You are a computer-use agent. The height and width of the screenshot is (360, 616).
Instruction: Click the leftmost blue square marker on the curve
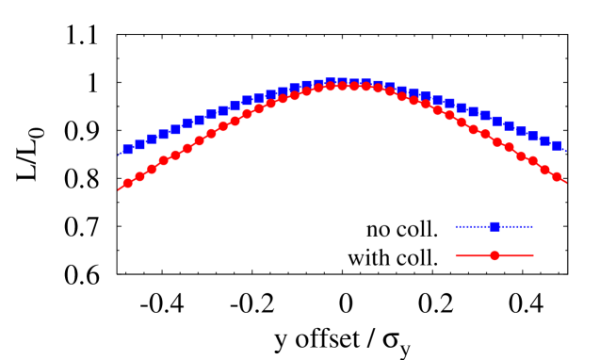(128, 149)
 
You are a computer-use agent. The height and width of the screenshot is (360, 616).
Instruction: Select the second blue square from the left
(139, 144)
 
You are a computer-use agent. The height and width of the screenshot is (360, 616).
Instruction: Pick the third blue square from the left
(152, 139)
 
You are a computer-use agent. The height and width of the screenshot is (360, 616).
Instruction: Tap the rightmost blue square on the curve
(556, 145)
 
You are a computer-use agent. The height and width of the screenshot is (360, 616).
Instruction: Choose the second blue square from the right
(544, 140)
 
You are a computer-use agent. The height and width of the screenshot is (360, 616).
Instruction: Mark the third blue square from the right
(532, 136)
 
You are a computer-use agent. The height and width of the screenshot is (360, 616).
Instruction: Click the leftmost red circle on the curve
(128, 183)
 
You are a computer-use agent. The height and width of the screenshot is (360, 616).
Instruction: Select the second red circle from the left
(139, 176)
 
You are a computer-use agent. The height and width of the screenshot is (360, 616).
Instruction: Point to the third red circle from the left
(152, 169)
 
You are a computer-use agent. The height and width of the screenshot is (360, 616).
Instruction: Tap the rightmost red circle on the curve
(556, 176)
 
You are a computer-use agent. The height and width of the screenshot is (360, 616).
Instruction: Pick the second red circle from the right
(544, 170)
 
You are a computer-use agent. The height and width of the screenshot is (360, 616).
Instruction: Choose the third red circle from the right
(532, 161)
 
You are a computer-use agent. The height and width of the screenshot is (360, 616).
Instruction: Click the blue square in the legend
(494, 226)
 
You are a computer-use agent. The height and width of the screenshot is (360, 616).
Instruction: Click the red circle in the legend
(494, 255)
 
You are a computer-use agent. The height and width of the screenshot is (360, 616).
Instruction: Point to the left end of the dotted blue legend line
(456, 226)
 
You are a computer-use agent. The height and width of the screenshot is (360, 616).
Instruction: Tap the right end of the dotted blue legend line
(533, 226)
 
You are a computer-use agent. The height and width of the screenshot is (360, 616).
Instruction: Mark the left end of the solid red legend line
(456, 255)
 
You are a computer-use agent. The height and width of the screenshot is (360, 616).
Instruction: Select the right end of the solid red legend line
(533, 255)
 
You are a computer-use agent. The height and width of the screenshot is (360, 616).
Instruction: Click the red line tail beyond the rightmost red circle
(563, 181)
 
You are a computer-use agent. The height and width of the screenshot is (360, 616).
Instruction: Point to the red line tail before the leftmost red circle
(121, 188)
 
